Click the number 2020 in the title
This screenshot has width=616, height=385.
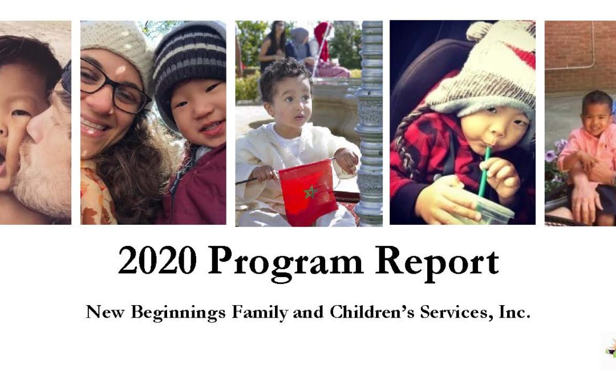(x=157, y=262)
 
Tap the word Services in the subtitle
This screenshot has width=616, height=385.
(x=440, y=312)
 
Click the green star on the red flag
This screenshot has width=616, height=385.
(x=311, y=192)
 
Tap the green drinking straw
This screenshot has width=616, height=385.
(x=484, y=171)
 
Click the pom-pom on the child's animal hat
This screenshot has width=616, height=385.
(x=479, y=30)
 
